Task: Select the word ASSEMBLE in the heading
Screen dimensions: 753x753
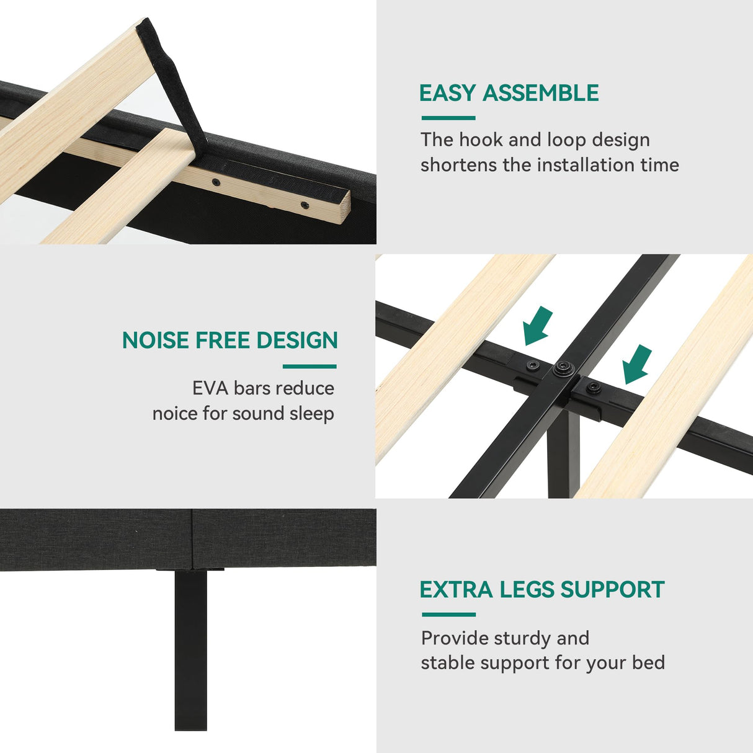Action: (x=541, y=92)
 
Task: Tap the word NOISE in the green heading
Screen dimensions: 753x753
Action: (x=156, y=340)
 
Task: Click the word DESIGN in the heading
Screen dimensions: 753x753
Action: (x=297, y=340)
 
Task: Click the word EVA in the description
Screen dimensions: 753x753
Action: (x=210, y=388)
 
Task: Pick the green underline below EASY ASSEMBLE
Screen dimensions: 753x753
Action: (x=448, y=118)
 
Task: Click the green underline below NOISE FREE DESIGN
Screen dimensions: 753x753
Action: (x=310, y=367)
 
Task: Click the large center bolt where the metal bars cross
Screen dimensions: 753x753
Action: (x=563, y=368)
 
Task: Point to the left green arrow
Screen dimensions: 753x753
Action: (x=537, y=326)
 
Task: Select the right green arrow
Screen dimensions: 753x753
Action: (x=636, y=365)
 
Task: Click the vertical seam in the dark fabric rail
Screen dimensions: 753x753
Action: (x=192, y=539)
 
